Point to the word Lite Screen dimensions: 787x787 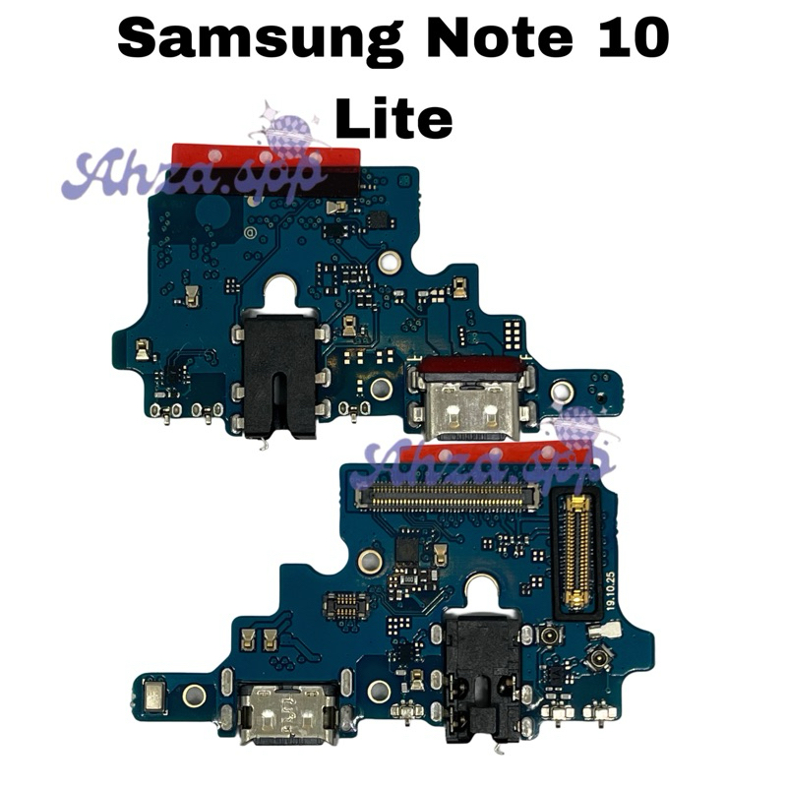393,118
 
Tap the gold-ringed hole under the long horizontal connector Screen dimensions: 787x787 370,562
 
